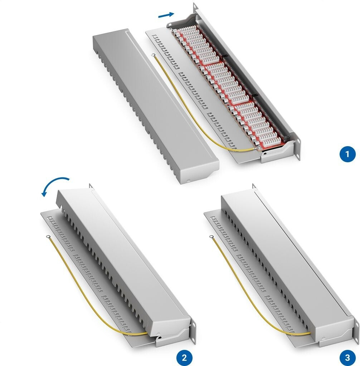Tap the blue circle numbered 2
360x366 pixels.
pyautogui.click(x=184, y=357)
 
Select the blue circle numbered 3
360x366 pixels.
pyautogui.click(x=347, y=357)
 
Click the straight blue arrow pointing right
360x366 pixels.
pyautogui.click(x=166, y=15)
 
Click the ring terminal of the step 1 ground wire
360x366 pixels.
pyautogui.click(x=154, y=55)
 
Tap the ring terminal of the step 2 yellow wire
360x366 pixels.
pyautogui.click(x=48, y=237)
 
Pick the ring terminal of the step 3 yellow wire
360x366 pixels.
pyautogui.click(x=211, y=237)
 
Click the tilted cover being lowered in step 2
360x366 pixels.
pyautogui.click(x=124, y=264)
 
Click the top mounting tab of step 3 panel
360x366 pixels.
pyautogui.click(x=254, y=186)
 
